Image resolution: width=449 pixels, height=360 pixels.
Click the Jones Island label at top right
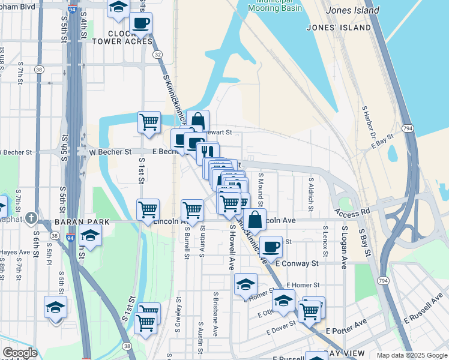(x=352, y=10)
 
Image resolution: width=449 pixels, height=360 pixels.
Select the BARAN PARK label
(x=82, y=222)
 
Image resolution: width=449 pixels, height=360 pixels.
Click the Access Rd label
(x=353, y=214)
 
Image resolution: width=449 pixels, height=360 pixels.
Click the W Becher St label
(x=110, y=152)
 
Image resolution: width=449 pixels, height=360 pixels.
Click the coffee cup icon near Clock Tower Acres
(x=141, y=23)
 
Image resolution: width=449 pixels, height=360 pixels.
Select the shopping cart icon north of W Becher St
(x=149, y=122)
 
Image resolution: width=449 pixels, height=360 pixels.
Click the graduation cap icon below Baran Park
(x=90, y=236)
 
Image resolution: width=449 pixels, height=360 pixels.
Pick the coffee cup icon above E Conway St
(x=271, y=246)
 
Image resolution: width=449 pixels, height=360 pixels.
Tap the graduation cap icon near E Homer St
(x=246, y=284)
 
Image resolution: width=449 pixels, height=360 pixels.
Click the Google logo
(x=20, y=353)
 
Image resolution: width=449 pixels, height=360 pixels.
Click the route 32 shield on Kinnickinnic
(x=157, y=54)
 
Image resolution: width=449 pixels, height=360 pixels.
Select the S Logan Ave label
(x=344, y=247)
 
